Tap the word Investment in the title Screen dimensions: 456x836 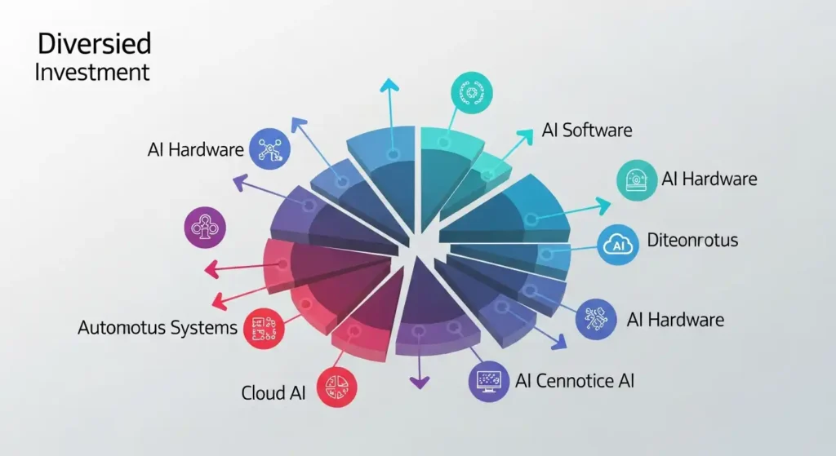pyautogui.click(x=92, y=72)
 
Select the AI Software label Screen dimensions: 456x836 pyautogui.click(x=587, y=130)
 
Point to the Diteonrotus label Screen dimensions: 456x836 pyautogui.click(x=691, y=240)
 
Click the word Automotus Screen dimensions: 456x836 pyautogui.click(x=123, y=328)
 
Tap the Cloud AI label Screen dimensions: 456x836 pyautogui.click(x=273, y=392)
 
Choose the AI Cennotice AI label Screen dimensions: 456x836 pyautogui.click(x=574, y=380)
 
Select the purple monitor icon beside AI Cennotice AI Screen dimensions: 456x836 pyautogui.click(x=489, y=380)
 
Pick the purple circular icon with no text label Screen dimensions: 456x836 pyautogui.click(x=206, y=228)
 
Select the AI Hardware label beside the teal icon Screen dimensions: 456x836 pyautogui.click(x=709, y=179)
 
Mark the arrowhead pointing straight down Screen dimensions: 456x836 pyautogui.click(x=419, y=382)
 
